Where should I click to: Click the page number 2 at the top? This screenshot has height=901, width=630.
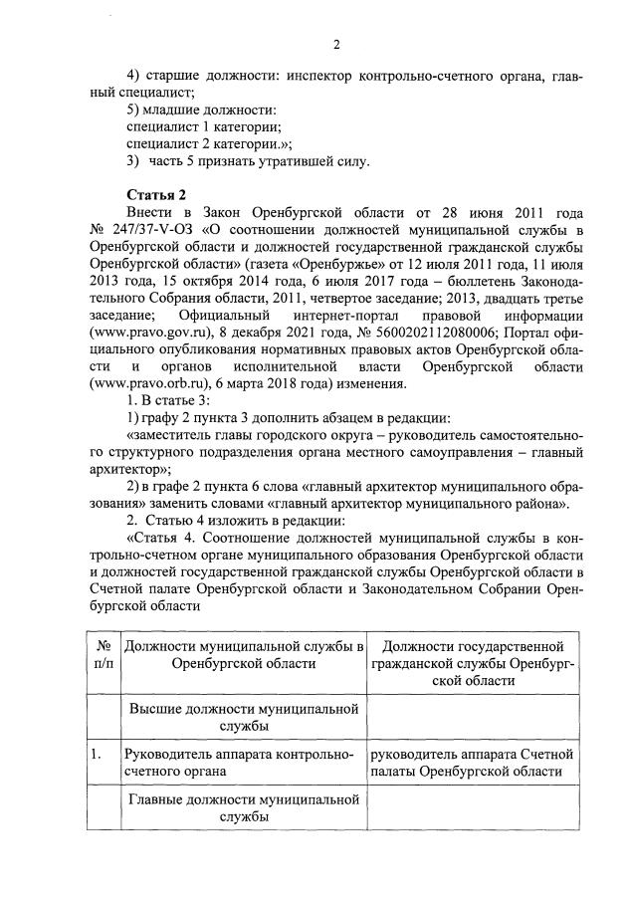click(336, 44)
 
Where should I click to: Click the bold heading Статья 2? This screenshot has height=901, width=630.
click(156, 193)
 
